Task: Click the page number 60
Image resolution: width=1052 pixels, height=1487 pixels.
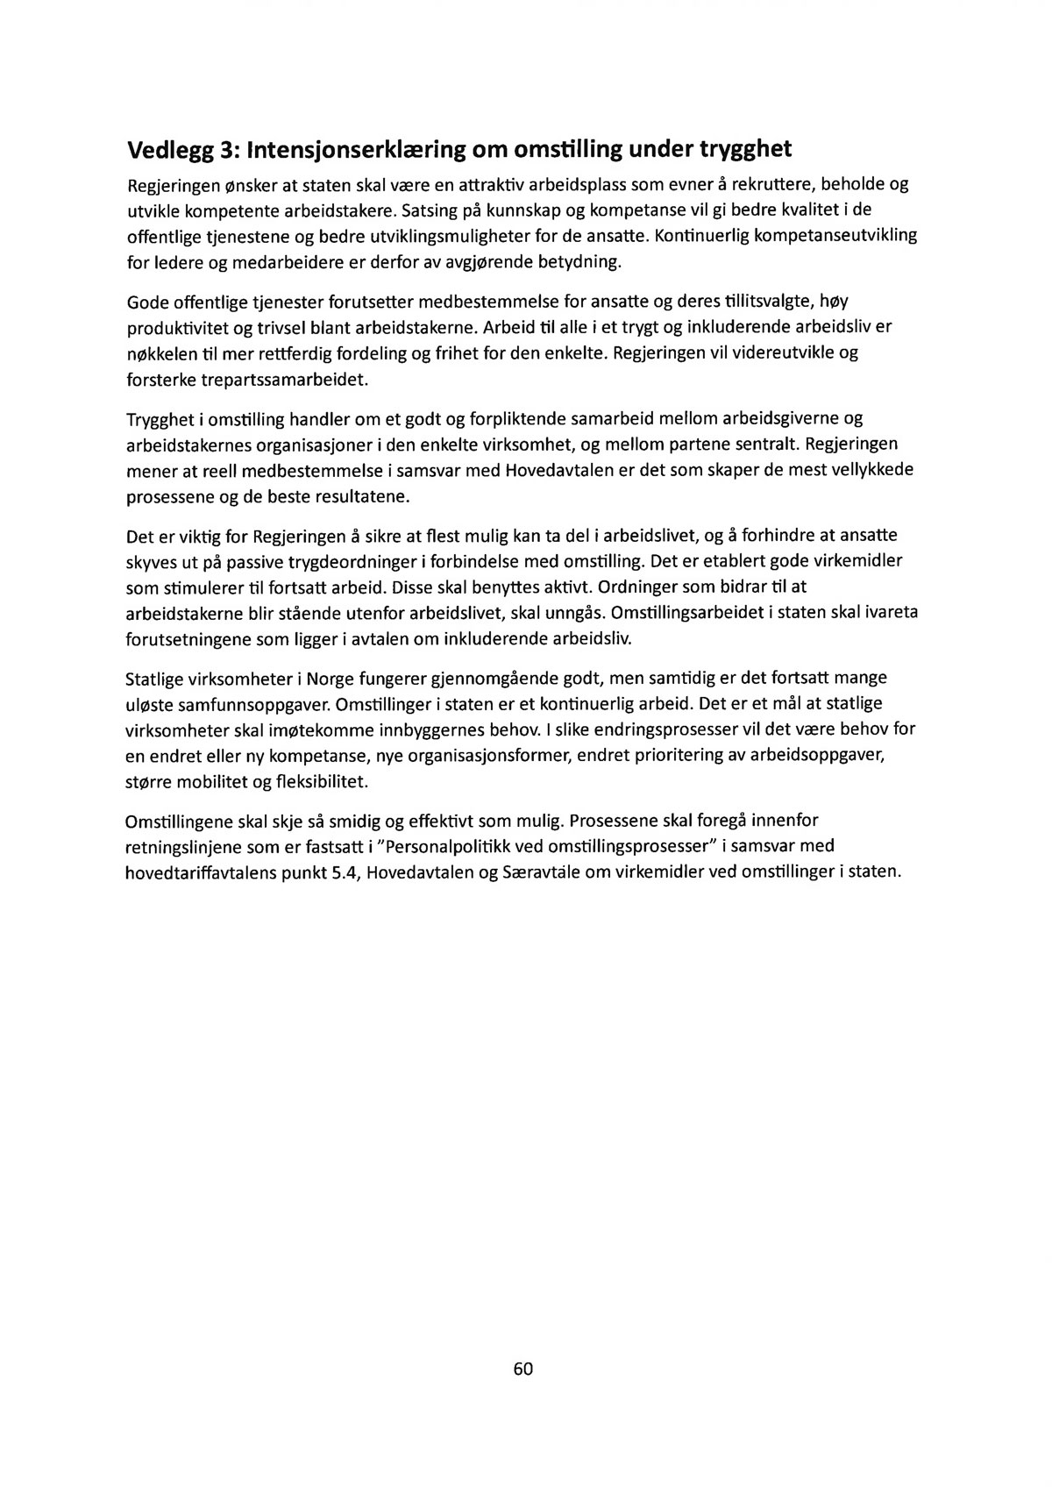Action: coord(523,1369)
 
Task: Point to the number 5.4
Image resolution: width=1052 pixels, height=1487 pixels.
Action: coord(332,873)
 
